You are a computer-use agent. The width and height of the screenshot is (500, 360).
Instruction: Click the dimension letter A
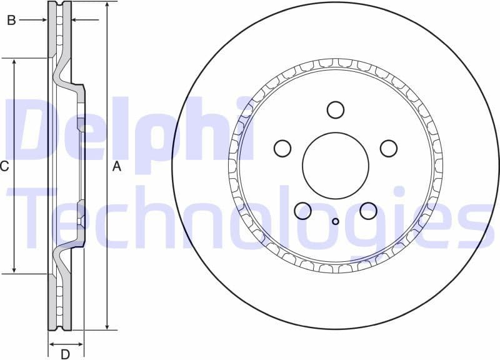(x=116, y=166)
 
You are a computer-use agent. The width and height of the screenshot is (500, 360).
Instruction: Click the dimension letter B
(x=11, y=21)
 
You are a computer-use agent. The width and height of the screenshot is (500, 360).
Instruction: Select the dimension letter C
(x=4, y=166)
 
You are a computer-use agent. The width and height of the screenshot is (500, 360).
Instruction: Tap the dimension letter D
(x=65, y=354)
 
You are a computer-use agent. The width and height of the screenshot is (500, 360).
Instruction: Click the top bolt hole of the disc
(x=336, y=109)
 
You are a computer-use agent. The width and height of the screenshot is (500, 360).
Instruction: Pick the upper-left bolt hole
(x=282, y=148)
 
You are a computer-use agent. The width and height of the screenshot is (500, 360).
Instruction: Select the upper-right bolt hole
(x=389, y=148)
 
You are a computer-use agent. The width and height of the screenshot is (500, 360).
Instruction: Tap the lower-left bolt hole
(x=303, y=211)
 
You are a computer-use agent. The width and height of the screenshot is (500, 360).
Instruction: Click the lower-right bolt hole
(x=368, y=211)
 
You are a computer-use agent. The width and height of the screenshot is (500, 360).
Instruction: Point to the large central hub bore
(x=336, y=165)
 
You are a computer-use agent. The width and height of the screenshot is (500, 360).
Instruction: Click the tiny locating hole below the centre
(x=336, y=221)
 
